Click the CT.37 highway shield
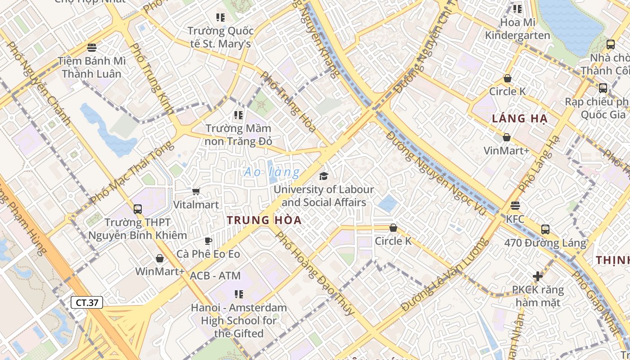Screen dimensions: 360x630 tap(87, 302)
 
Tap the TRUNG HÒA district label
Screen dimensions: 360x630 tap(264, 220)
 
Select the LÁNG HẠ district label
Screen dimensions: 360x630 tap(519, 119)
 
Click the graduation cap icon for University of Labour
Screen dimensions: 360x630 tap(324, 176)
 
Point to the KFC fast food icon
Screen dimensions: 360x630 tap(515, 206)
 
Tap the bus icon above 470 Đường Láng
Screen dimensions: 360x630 tap(545, 229)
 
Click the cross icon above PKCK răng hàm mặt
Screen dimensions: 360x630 tap(538, 276)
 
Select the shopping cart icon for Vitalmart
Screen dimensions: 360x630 tap(196, 192)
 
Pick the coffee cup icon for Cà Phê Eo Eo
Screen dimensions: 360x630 tap(208, 241)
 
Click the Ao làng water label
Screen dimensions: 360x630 tap(272, 172)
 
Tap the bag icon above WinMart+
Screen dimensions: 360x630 tap(159, 258)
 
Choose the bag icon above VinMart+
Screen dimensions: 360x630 tap(507, 137)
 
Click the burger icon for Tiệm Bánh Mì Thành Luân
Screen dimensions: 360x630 tap(92, 47)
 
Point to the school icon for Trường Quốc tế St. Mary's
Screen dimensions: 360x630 tap(220, 18)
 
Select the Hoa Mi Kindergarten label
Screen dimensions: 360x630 tap(517, 29)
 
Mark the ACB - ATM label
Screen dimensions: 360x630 tap(215, 275)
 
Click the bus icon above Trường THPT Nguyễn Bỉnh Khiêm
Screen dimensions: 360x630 tap(138, 209)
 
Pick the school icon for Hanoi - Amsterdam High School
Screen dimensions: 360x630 tap(239, 294)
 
